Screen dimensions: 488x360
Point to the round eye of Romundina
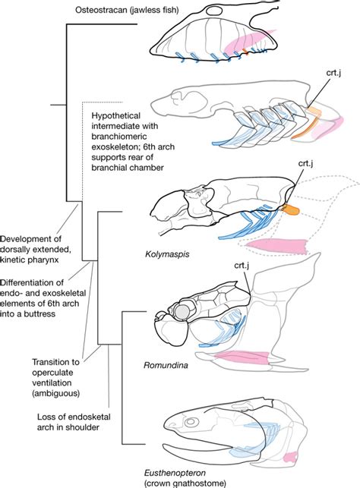(x=182, y=311)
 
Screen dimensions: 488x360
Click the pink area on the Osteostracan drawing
(x=251, y=44)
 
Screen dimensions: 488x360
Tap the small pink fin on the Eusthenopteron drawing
(x=289, y=457)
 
